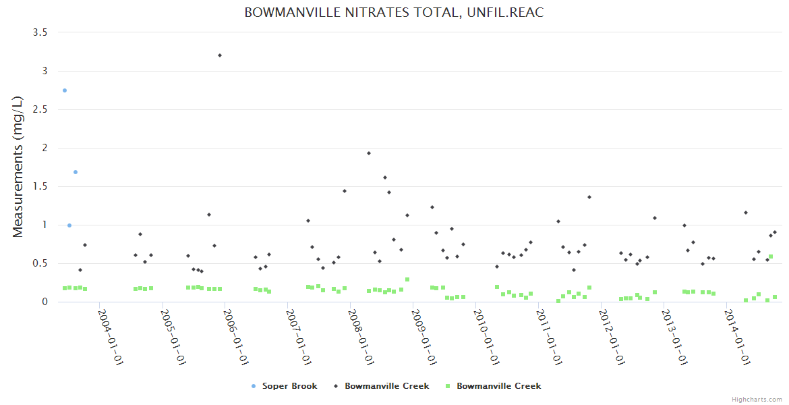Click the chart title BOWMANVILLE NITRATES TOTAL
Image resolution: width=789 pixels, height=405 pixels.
point(394,12)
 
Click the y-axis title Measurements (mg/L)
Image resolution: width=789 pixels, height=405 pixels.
point(18,167)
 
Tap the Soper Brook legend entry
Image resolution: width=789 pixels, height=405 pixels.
point(285,386)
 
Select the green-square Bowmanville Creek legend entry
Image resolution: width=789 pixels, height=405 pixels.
point(498,386)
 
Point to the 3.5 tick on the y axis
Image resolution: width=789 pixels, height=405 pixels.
point(40,32)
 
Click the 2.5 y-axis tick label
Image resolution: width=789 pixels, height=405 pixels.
point(40,109)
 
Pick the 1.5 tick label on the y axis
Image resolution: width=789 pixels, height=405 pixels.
point(40,186)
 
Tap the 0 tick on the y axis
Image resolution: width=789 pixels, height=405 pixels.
point(46,302)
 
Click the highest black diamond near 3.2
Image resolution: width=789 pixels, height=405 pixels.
point(220,55)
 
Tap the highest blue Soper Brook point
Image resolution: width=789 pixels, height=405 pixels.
point(65,90)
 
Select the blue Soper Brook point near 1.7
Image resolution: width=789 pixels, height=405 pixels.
point(76,172)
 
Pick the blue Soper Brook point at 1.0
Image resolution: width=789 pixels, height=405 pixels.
point(69,225)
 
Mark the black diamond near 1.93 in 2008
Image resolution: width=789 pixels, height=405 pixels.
point(369,153)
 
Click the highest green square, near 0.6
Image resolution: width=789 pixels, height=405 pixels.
point(771,256)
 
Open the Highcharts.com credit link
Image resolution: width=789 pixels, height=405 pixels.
point(757,400)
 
